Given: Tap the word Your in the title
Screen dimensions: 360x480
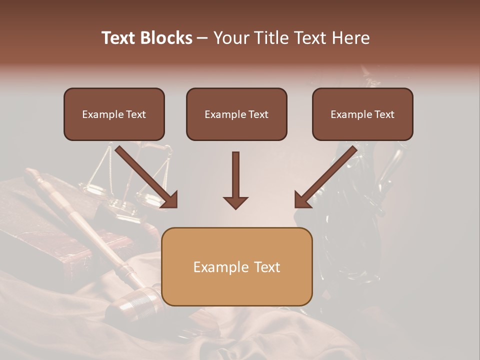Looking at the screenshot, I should (x=229, y=38).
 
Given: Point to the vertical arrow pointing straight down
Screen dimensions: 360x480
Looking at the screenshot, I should (x=235, y=175).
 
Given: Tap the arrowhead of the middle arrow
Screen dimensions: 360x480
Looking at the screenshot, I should (x=235, y=202).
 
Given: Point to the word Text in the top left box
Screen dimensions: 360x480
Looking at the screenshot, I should (x=135, y=114).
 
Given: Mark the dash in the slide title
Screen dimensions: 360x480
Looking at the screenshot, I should (x=202, y=38).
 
